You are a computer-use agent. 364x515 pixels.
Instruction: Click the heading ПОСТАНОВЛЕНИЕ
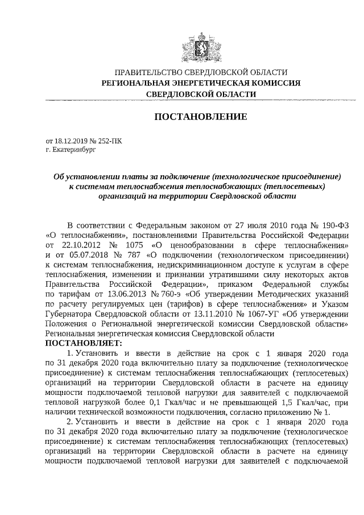(x=201, y=117)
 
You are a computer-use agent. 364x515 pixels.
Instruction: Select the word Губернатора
(x=70, y=312)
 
